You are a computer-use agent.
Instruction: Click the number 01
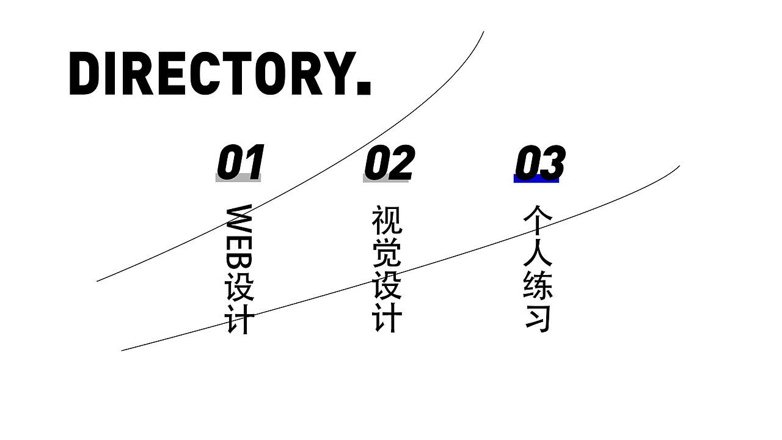click(x=240, y=162)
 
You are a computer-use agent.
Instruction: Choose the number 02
click(x=389, y=162)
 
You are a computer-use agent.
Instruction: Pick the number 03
click(x=539, y=163)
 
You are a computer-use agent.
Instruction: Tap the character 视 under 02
click(x=387, y=220)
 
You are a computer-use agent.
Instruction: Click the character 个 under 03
click(x=538, y=220)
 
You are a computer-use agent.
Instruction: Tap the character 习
click(x=538, y=317)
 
